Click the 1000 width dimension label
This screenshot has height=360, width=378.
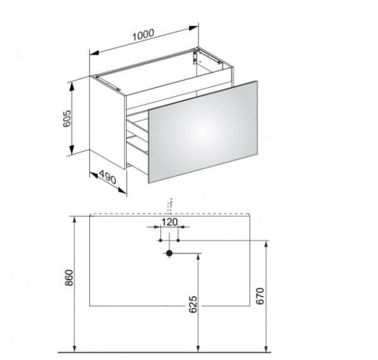(143, 35)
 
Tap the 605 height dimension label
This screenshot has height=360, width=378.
(67, 119)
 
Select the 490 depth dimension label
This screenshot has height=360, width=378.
(108, 177)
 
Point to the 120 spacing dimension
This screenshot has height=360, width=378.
(169, 222)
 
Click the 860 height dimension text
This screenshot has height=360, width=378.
(69, 277)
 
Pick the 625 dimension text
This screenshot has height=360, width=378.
(193, 305)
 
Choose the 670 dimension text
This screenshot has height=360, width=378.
(260, 296)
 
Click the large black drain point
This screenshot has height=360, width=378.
(169, 253)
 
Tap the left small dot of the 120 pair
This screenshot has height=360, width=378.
(161, 240)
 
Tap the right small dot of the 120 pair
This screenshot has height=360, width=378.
(178, 240)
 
